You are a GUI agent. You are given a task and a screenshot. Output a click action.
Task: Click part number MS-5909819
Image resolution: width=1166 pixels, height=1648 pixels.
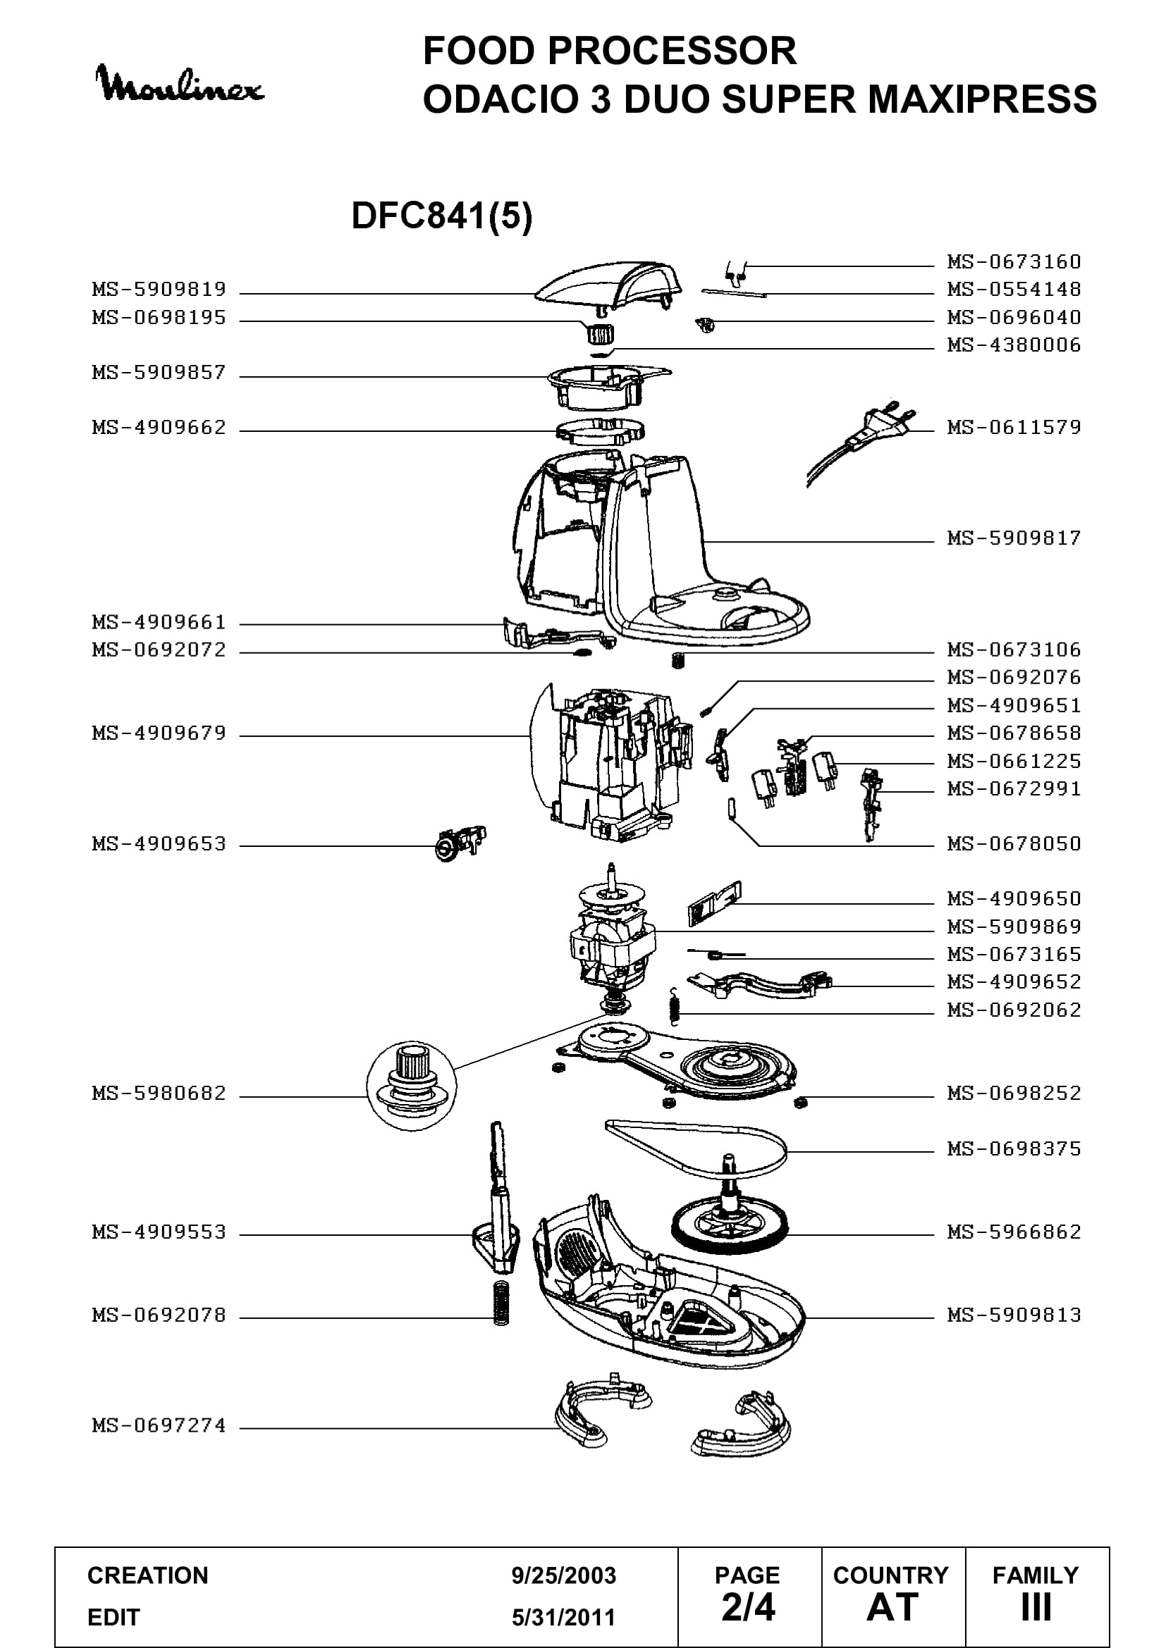click(159, 290)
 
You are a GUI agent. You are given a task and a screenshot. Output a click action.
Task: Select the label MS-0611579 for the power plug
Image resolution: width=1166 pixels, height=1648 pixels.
click(1014, 427)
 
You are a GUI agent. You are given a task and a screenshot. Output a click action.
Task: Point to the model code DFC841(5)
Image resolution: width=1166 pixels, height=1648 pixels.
click(441, 216)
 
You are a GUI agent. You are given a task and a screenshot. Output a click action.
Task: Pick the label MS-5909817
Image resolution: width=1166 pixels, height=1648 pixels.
click(1014, 538)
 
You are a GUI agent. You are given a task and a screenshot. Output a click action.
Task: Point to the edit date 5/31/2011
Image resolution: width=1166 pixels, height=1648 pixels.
click(564, 1617)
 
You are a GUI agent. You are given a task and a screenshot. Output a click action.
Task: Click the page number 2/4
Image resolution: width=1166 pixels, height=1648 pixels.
click(748, 1607)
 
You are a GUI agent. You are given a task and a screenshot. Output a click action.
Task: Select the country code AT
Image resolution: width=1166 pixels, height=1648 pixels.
click(892, 1607)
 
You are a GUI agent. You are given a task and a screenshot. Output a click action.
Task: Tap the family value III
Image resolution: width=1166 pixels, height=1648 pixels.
click(1036, 1607)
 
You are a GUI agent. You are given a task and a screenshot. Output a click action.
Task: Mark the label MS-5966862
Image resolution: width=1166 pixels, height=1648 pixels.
click(1014, 1232)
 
